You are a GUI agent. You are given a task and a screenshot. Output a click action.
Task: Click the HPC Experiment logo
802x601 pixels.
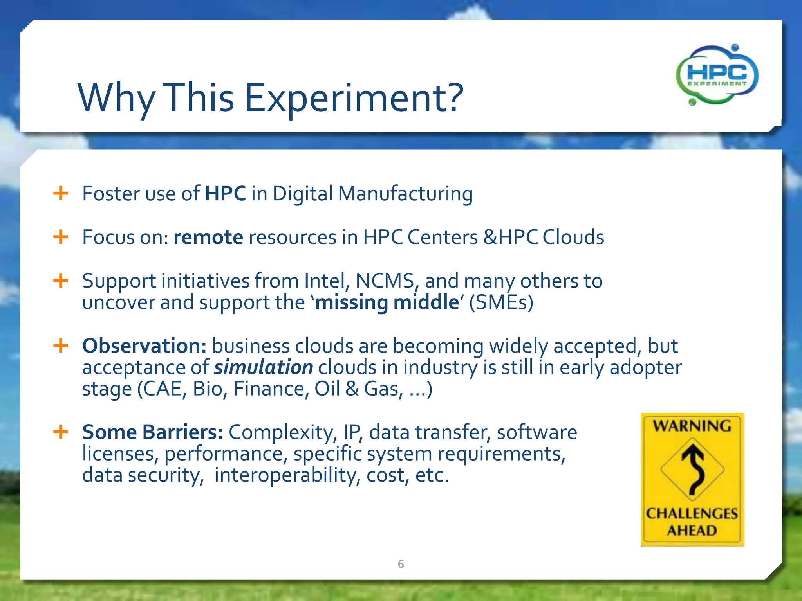[717, 75]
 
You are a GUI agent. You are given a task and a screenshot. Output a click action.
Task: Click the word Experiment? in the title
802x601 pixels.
[354, 98]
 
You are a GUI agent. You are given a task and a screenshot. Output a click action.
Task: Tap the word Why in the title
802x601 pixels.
[117, 98]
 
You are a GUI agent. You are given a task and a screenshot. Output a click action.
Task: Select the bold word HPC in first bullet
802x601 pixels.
[225, 194]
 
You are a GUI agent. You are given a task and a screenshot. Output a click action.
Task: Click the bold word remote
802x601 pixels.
[208, 238]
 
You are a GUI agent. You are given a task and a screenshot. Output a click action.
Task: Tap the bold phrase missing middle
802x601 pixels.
[387, 302]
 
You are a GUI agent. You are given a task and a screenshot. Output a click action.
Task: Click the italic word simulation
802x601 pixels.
[264, 367]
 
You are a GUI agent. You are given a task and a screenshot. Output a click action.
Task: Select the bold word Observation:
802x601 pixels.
[144, 346]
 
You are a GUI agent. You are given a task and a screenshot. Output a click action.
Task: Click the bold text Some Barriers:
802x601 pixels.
[152, 432]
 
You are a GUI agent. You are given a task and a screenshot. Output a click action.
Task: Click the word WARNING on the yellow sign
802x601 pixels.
[692, 426]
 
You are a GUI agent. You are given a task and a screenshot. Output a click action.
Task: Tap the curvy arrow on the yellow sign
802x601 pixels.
[692, 470]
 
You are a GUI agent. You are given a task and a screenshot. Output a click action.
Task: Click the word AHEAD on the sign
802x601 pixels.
[692, 531]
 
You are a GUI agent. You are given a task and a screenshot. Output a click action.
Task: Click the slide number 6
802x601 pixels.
[401, 564]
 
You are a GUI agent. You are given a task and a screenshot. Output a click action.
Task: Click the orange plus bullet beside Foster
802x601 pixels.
[61, 193]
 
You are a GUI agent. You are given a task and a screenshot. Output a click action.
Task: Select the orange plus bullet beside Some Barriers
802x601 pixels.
[61, 432]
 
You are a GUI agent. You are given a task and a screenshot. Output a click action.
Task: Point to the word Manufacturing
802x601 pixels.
[405, 194]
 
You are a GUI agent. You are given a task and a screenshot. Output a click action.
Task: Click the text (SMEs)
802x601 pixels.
[501, 302]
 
